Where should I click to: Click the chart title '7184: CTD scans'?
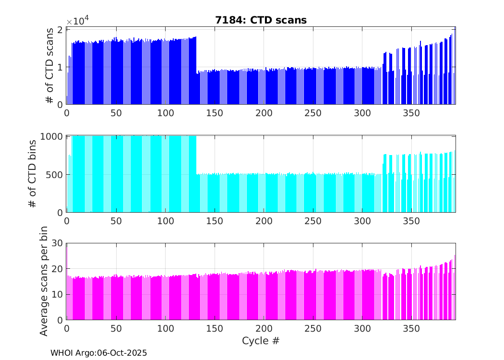pos(261,20)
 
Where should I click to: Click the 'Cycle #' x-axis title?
pos(261,341)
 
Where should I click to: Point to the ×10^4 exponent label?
pos(77,22)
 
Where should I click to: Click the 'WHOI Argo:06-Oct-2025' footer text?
pos(98,353)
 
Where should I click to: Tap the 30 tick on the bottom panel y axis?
pos(57,243)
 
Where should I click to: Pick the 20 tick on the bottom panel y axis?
pos(57,269)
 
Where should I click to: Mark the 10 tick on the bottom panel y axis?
pos(57,295)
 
